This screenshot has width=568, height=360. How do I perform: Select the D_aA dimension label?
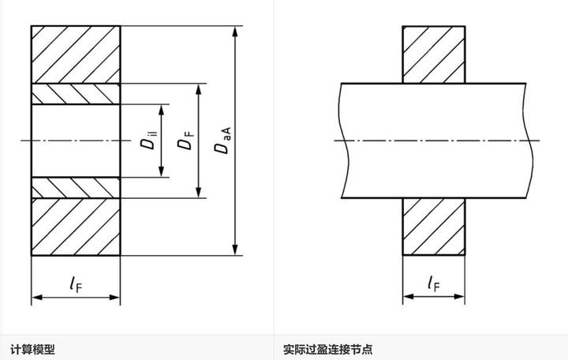tap(223, 142)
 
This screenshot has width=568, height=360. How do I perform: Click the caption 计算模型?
tap(32, 348)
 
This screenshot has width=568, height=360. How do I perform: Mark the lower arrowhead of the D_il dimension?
tap(162, 173)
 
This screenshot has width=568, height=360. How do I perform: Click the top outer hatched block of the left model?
tap(76, 54)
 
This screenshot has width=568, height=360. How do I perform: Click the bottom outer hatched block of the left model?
tap(76, 227)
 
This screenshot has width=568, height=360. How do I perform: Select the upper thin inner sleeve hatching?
tap(76, 93)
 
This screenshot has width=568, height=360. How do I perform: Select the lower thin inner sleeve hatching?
tap(76, 188)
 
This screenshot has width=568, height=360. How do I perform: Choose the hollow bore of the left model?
tap(76, 141)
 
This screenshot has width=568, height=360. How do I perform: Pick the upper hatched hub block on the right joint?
tap(433, 54)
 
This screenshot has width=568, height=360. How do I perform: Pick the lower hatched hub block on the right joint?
tap(433, 227)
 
